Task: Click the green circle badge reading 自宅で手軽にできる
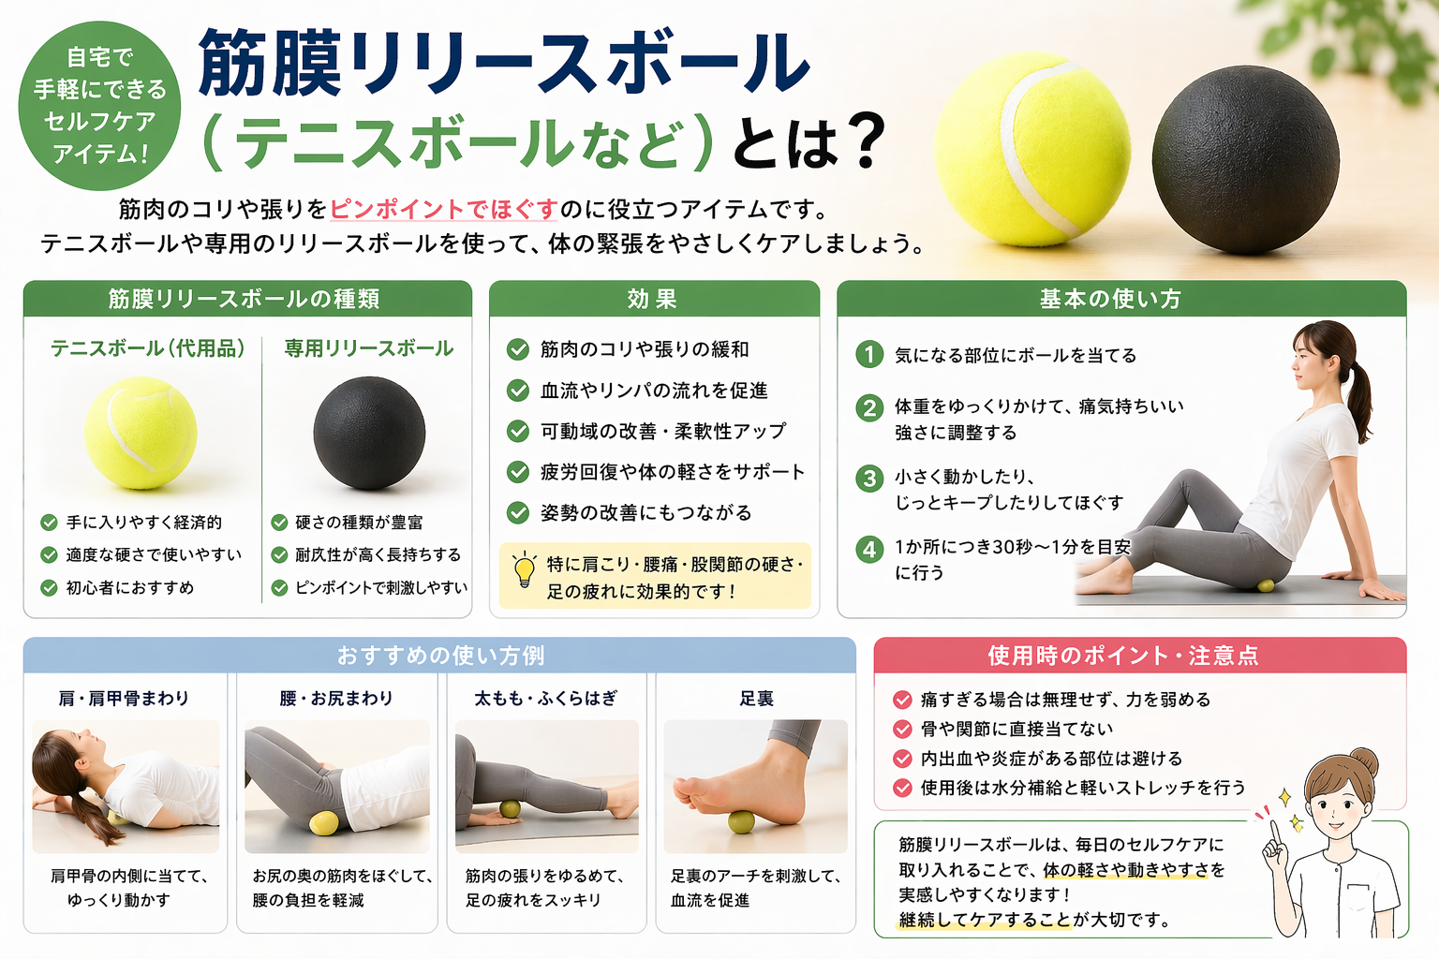point(99,106)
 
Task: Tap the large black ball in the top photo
point(1245,159)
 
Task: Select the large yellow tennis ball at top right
point(1031,149)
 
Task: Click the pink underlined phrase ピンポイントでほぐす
point(444,210)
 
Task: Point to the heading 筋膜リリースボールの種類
point(245,299)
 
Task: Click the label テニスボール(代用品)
point(148,348)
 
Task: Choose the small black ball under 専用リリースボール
point(369,433)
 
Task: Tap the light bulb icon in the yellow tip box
point(525,569)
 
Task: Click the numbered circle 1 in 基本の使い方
point(869,355)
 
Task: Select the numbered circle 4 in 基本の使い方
point(869,549)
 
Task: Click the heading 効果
point(653,299)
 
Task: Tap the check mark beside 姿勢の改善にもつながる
point(518,512)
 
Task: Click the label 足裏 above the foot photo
point(756,699)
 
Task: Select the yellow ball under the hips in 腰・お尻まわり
point(323,823)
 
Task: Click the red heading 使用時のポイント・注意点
point(1123,656)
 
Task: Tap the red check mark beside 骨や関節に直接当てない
point(902,729)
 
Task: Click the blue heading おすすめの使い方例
point(440,656)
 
